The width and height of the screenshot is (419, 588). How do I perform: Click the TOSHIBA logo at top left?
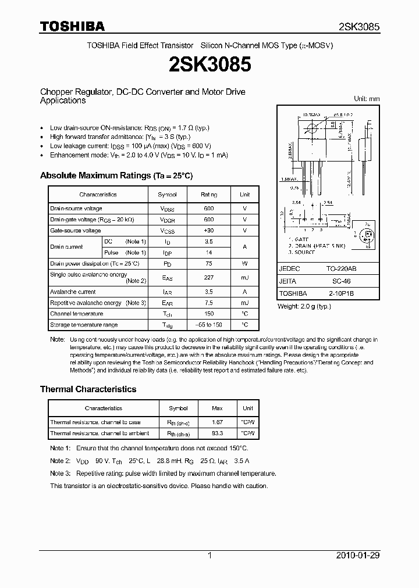72,26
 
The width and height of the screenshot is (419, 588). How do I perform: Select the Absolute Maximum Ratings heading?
116,175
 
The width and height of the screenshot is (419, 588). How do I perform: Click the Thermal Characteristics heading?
88,389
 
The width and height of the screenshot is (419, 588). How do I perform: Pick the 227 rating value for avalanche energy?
209,278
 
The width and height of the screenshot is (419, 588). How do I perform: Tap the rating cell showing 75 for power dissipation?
209,263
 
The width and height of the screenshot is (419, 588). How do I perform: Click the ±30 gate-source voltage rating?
209,231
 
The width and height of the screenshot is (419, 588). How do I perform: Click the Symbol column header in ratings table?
168,195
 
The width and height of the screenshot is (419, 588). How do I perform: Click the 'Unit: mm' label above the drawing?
367,99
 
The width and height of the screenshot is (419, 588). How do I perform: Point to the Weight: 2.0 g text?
305,306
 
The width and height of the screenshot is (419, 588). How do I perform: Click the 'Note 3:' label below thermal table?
60,474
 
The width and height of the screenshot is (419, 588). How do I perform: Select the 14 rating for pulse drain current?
209,253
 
